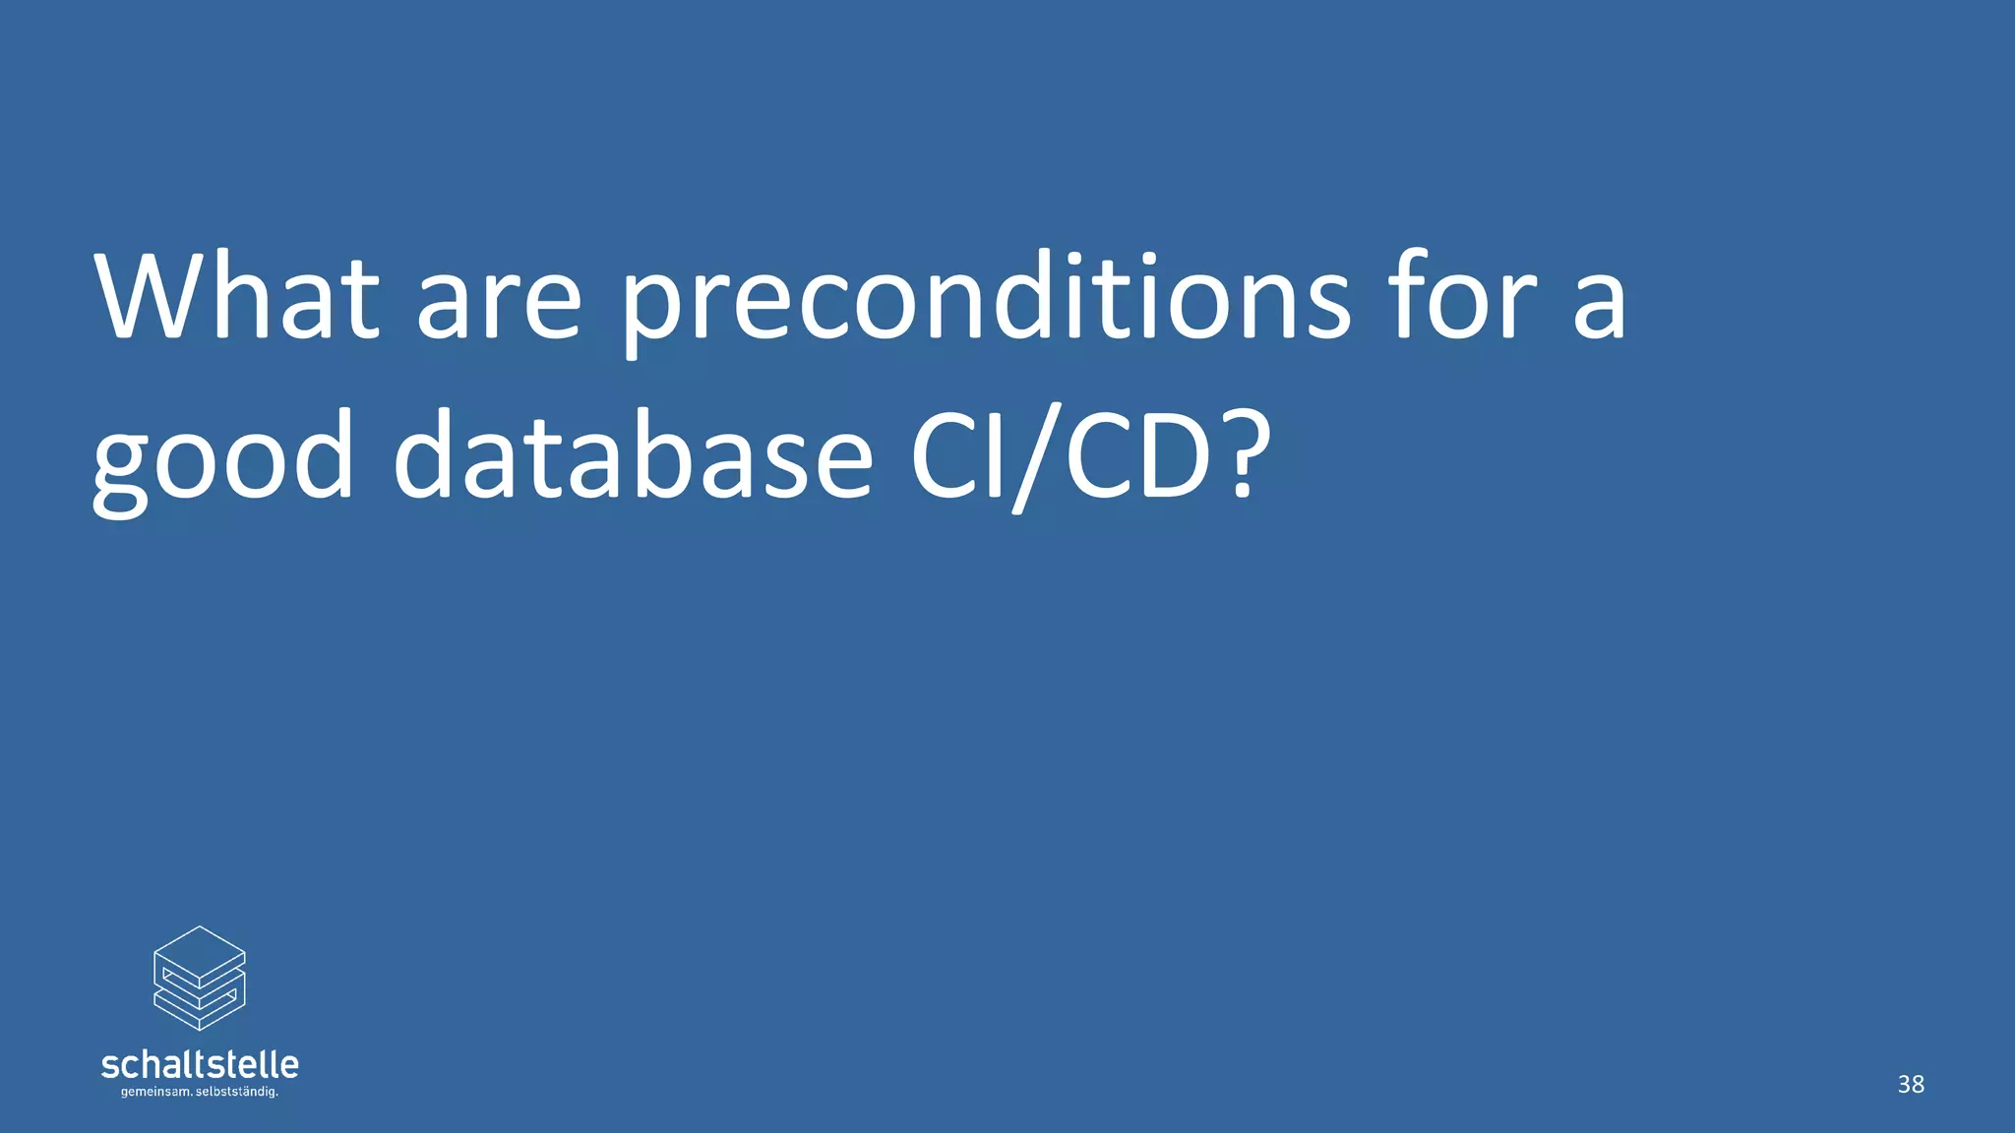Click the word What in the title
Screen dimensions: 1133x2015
click(x=236, y=297)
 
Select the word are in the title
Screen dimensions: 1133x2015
click(x=499, y=305)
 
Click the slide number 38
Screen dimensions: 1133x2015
click(x=1911, y=1084)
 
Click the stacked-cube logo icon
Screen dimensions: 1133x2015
click(x=200, y=978)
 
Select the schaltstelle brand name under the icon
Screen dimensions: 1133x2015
click(x=200, y=1064)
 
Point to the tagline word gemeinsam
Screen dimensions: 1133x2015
click(x=155, y=1093)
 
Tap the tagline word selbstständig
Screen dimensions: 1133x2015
click(x=238, y=1093)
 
